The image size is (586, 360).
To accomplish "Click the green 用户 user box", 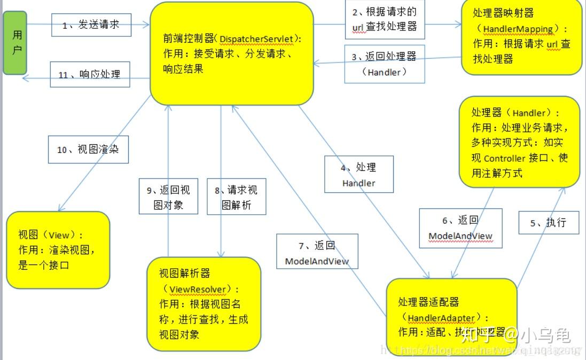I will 14,42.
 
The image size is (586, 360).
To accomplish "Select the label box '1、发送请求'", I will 91,25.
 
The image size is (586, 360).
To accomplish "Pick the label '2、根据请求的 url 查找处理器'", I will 384,20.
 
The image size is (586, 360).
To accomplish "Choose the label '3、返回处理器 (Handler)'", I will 384,64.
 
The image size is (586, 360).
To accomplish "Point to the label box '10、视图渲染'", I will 88,150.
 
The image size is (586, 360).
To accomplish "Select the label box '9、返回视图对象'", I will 168,197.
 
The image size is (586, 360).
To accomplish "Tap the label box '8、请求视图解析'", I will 236,197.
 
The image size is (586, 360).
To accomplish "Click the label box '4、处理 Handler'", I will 358,175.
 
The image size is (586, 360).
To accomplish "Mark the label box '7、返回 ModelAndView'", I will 317,253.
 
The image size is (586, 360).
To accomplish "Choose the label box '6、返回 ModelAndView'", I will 460,228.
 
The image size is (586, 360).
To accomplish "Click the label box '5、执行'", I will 549,222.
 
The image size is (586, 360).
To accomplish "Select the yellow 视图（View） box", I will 58,250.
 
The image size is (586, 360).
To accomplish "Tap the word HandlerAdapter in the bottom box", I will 441,318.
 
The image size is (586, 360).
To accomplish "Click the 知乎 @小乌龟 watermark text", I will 515,335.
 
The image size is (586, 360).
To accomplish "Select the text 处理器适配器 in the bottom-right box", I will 428,302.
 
